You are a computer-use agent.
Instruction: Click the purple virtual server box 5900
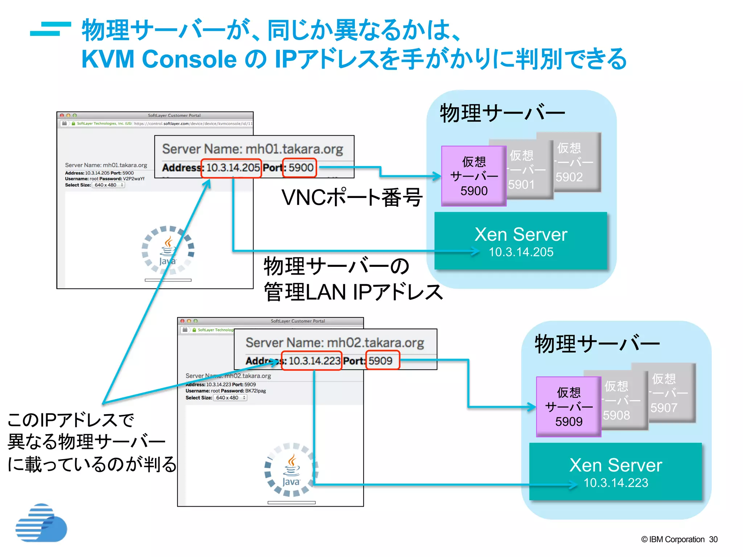473,176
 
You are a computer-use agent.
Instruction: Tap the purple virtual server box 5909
568,407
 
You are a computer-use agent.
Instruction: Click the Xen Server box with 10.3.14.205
521,241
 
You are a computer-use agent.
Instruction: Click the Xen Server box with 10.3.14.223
615,471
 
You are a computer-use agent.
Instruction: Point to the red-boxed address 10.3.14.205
231,168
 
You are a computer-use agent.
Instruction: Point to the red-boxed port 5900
300,168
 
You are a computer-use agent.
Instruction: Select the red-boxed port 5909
382,361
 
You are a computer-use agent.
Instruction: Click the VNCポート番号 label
352,198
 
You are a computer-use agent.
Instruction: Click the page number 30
713,539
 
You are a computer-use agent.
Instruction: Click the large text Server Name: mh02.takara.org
334,343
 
